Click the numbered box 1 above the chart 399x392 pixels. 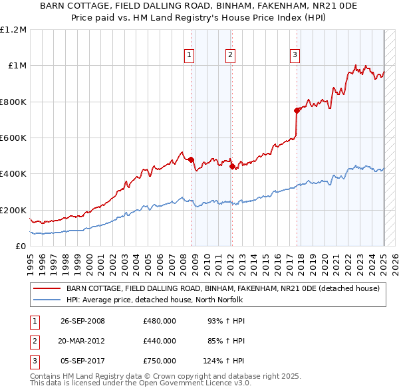190,55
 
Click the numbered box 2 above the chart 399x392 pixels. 230,55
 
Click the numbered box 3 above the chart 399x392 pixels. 295,55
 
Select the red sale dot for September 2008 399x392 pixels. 191,159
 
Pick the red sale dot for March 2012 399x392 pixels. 232,167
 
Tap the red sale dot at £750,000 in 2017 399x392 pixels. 297,111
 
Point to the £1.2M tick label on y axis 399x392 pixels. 14,30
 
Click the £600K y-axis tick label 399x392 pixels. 14,138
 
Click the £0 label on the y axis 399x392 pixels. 21,246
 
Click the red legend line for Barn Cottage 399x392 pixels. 47,288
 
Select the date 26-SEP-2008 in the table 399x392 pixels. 82,321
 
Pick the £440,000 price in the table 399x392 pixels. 160,341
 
